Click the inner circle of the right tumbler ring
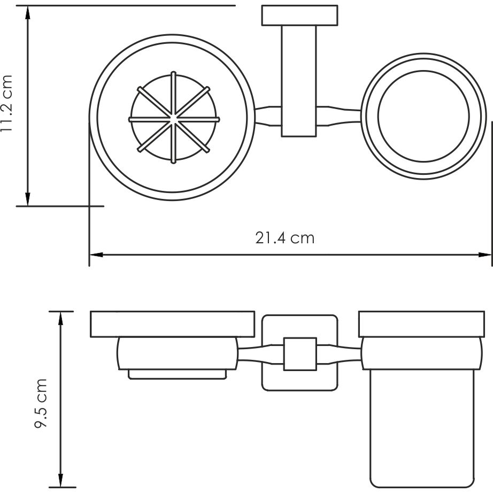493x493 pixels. [423, 116]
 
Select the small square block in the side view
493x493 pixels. [299, 353]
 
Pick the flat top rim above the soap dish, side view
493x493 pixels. [172, 324]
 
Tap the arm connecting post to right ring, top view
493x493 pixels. [340, 116]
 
